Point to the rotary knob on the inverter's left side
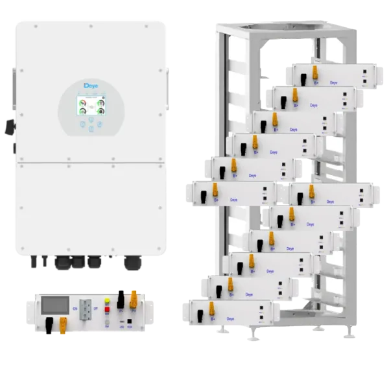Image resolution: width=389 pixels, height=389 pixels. [x=10, y=124]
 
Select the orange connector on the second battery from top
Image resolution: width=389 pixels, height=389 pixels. [x=298, y=95]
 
